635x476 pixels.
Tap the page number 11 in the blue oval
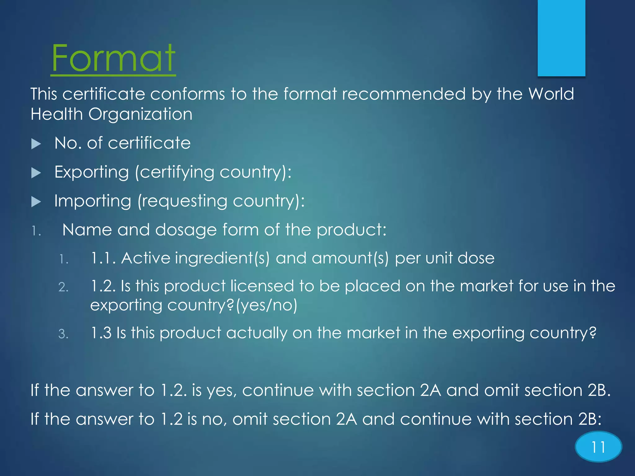pyautogui.click(x=598, y=447)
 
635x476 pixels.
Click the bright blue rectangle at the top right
pyautogui.click(x=561, y=38)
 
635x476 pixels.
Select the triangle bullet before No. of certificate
pyautogui.click(x=36, y=144)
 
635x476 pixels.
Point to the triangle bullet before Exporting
pyautogui.click(x=36, y=173)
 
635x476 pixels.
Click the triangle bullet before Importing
pyautogui.click(x=36, y=202)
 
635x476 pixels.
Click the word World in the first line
pyautogui.click(x=551, y=94)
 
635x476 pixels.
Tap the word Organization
pyautogui.click(x=140, y=114)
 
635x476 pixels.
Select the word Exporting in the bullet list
pyautogui.click(x=91, y=172)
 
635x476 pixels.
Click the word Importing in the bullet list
pyautogui.click(x=93, y=201)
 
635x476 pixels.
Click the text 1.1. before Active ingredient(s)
pyautogui.click(x=103, y=258)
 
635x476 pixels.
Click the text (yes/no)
pyautogui.click(x=267, y=305)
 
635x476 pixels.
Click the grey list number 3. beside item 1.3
pyautogui.click(x=63, y=334)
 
